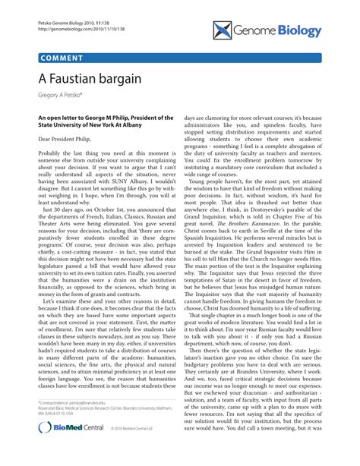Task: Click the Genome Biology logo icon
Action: (223, 30)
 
